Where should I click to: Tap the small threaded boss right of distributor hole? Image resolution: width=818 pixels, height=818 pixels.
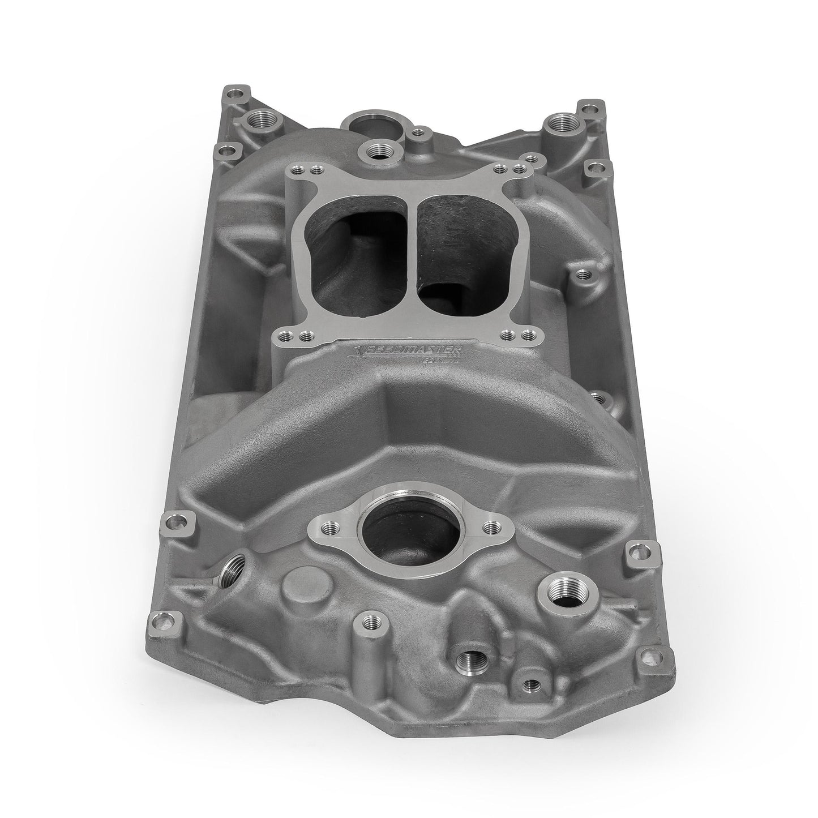click(x=418, y=132)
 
